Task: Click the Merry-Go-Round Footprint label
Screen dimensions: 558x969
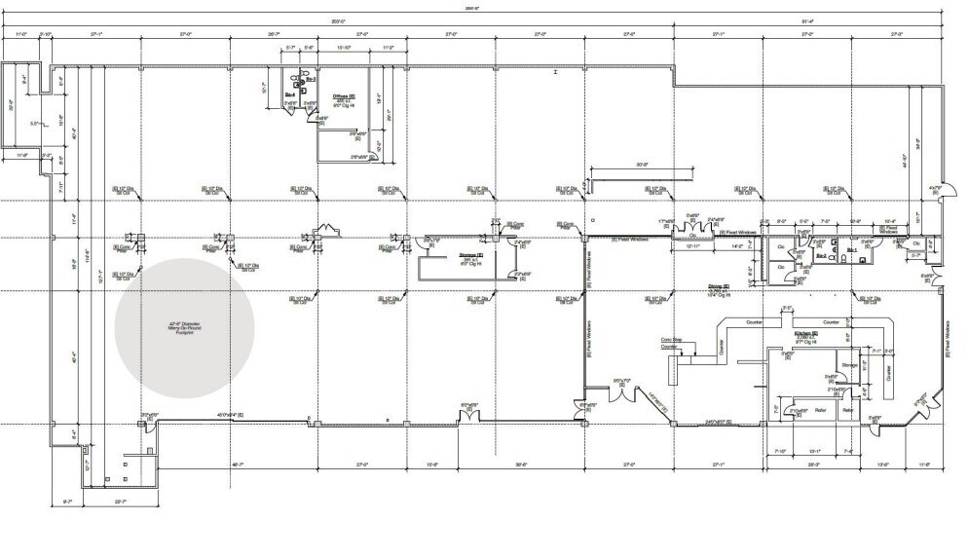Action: point(184,330)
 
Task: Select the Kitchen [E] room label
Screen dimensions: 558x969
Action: point(806,333)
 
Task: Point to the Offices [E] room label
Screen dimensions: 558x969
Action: point(344,96)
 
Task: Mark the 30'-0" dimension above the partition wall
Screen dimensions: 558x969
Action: point(642,165)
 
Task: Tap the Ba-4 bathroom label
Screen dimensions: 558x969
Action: point(290,93)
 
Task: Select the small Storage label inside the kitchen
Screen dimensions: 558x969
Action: point(848,366)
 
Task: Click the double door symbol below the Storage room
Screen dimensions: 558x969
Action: point(468,412)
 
